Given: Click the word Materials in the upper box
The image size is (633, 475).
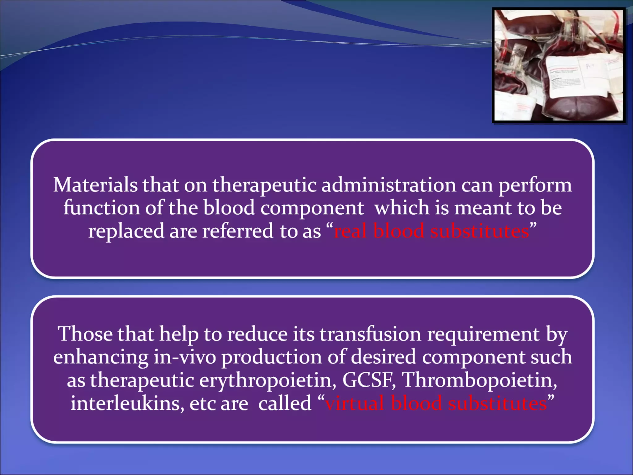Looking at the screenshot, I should [95, 185].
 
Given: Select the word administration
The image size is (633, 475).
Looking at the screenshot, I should [389, 185].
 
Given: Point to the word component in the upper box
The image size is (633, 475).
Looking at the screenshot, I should [312, 208].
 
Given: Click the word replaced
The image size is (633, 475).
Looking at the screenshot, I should [126, 231].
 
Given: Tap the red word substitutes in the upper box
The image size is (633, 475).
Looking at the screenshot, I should [480, 231].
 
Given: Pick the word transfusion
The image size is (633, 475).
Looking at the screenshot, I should [370, 334].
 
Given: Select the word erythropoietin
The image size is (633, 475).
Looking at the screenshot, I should [268, 380].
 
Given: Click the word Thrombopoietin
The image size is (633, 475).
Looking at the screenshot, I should [479, 380].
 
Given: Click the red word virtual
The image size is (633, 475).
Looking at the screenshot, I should [355, 403].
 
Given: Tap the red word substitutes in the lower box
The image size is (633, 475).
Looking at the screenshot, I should [498, 403].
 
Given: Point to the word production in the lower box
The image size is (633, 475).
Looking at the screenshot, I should [272, 357].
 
